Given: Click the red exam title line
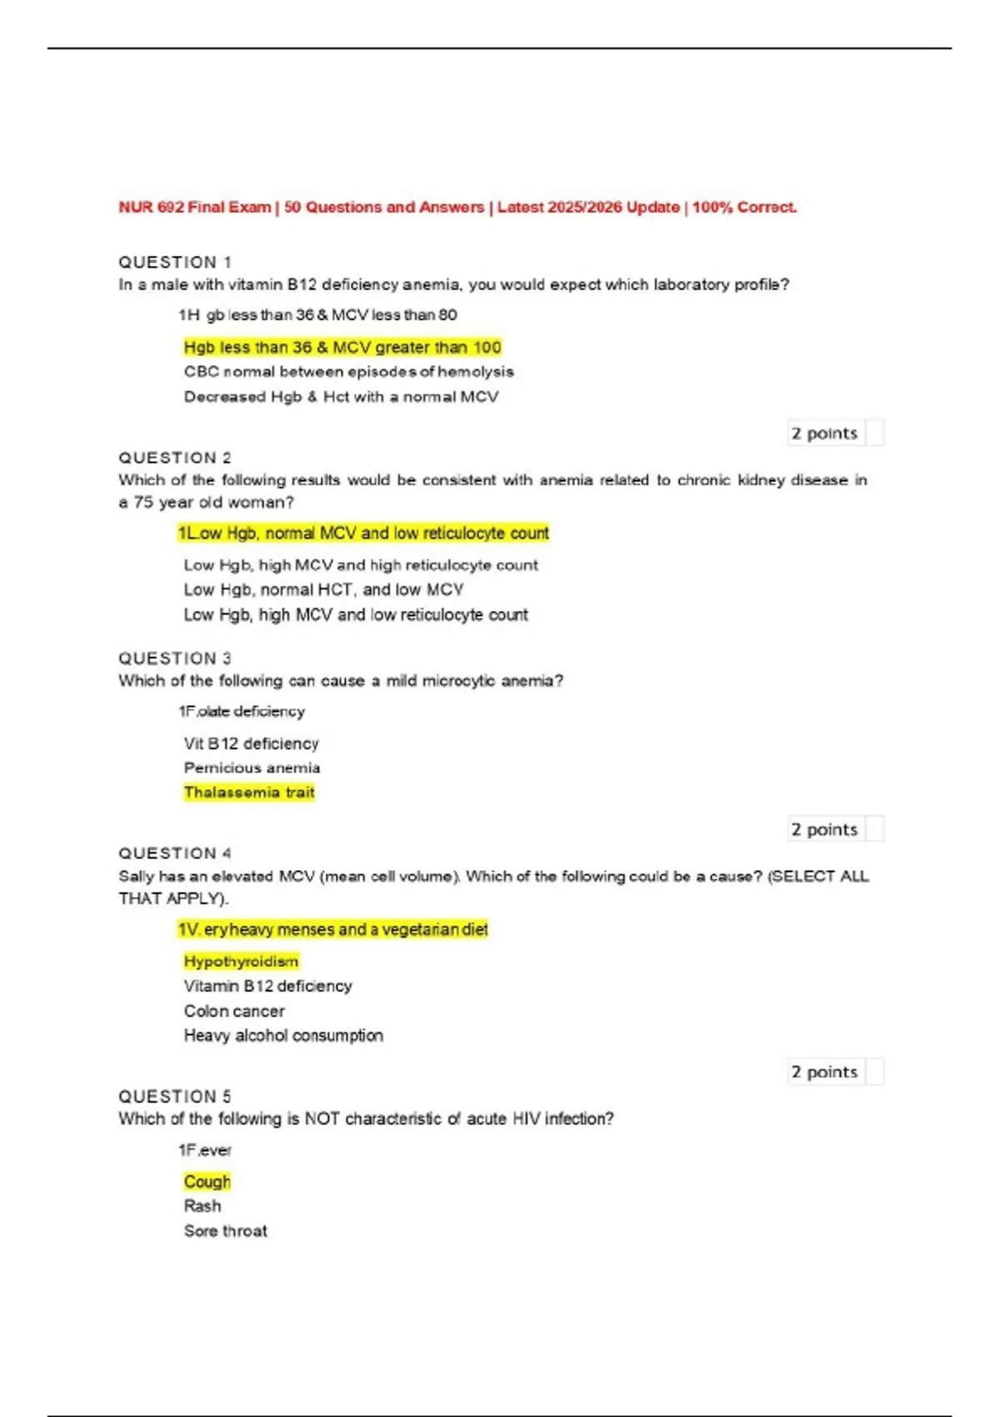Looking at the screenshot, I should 457,207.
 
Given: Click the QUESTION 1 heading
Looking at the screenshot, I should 175,262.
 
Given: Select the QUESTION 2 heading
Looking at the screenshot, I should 175,458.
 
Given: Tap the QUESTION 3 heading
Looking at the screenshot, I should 175,658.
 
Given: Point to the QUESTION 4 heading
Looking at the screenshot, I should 175,854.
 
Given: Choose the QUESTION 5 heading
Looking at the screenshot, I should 175,1096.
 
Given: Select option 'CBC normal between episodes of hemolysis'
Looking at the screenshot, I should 348,372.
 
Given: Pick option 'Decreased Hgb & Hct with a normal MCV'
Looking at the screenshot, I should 341,397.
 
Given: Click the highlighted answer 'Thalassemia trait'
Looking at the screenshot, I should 249,792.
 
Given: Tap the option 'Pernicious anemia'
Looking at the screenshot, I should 252,768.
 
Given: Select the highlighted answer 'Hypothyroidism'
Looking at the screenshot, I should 241,961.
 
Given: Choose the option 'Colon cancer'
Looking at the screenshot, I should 234,1011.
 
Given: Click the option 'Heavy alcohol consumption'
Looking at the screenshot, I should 283,1035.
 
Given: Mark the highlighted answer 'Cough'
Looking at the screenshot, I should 207,1181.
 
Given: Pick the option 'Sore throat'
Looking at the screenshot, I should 225,1231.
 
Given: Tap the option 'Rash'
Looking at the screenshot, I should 202,1206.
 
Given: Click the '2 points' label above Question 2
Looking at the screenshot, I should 824,433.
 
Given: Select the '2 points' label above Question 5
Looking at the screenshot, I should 824,1072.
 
